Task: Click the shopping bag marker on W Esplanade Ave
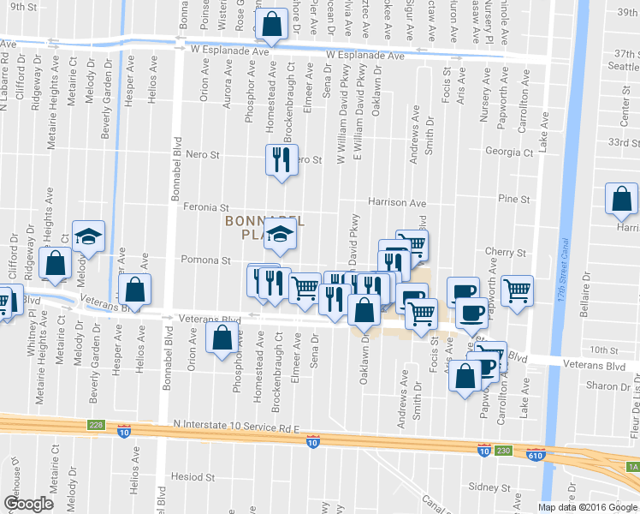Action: [271, 27]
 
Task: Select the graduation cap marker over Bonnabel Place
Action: [278, 234]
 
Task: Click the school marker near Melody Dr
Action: [86, 236]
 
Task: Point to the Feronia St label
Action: [206, 207]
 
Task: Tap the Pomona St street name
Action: [204, 260]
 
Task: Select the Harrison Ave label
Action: [396, 203]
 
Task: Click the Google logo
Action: [28, 504]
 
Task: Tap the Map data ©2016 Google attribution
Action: [587, 507]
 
